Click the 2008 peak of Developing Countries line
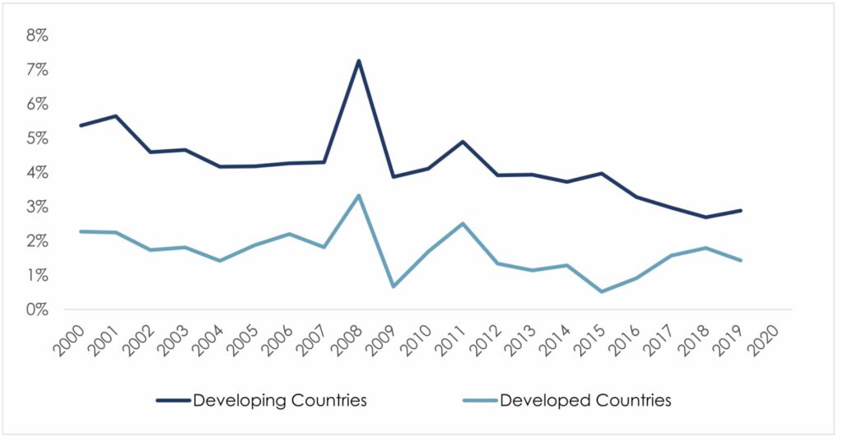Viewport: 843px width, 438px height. [x=359, y=60]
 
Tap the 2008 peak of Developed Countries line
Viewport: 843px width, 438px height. [x=359, y=195]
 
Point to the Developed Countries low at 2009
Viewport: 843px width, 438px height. [x=394, y=287]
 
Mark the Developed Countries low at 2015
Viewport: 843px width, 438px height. [x=602, y=291]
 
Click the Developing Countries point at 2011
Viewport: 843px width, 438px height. [x=463, y=142]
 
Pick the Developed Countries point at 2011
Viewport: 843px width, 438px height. [x=463, y=223]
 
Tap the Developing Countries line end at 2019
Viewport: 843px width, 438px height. [x=741, y=211]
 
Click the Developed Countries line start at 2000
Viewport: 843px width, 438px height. [x=80, y=231]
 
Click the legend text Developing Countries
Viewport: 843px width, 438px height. [x=280, y=401]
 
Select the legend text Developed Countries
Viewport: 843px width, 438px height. [x=586, y=401]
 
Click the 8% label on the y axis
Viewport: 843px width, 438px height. [x=38, y=36]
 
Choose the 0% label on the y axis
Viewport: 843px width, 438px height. [x=38, y=310]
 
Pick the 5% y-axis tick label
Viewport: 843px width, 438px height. [x=38, y=138]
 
